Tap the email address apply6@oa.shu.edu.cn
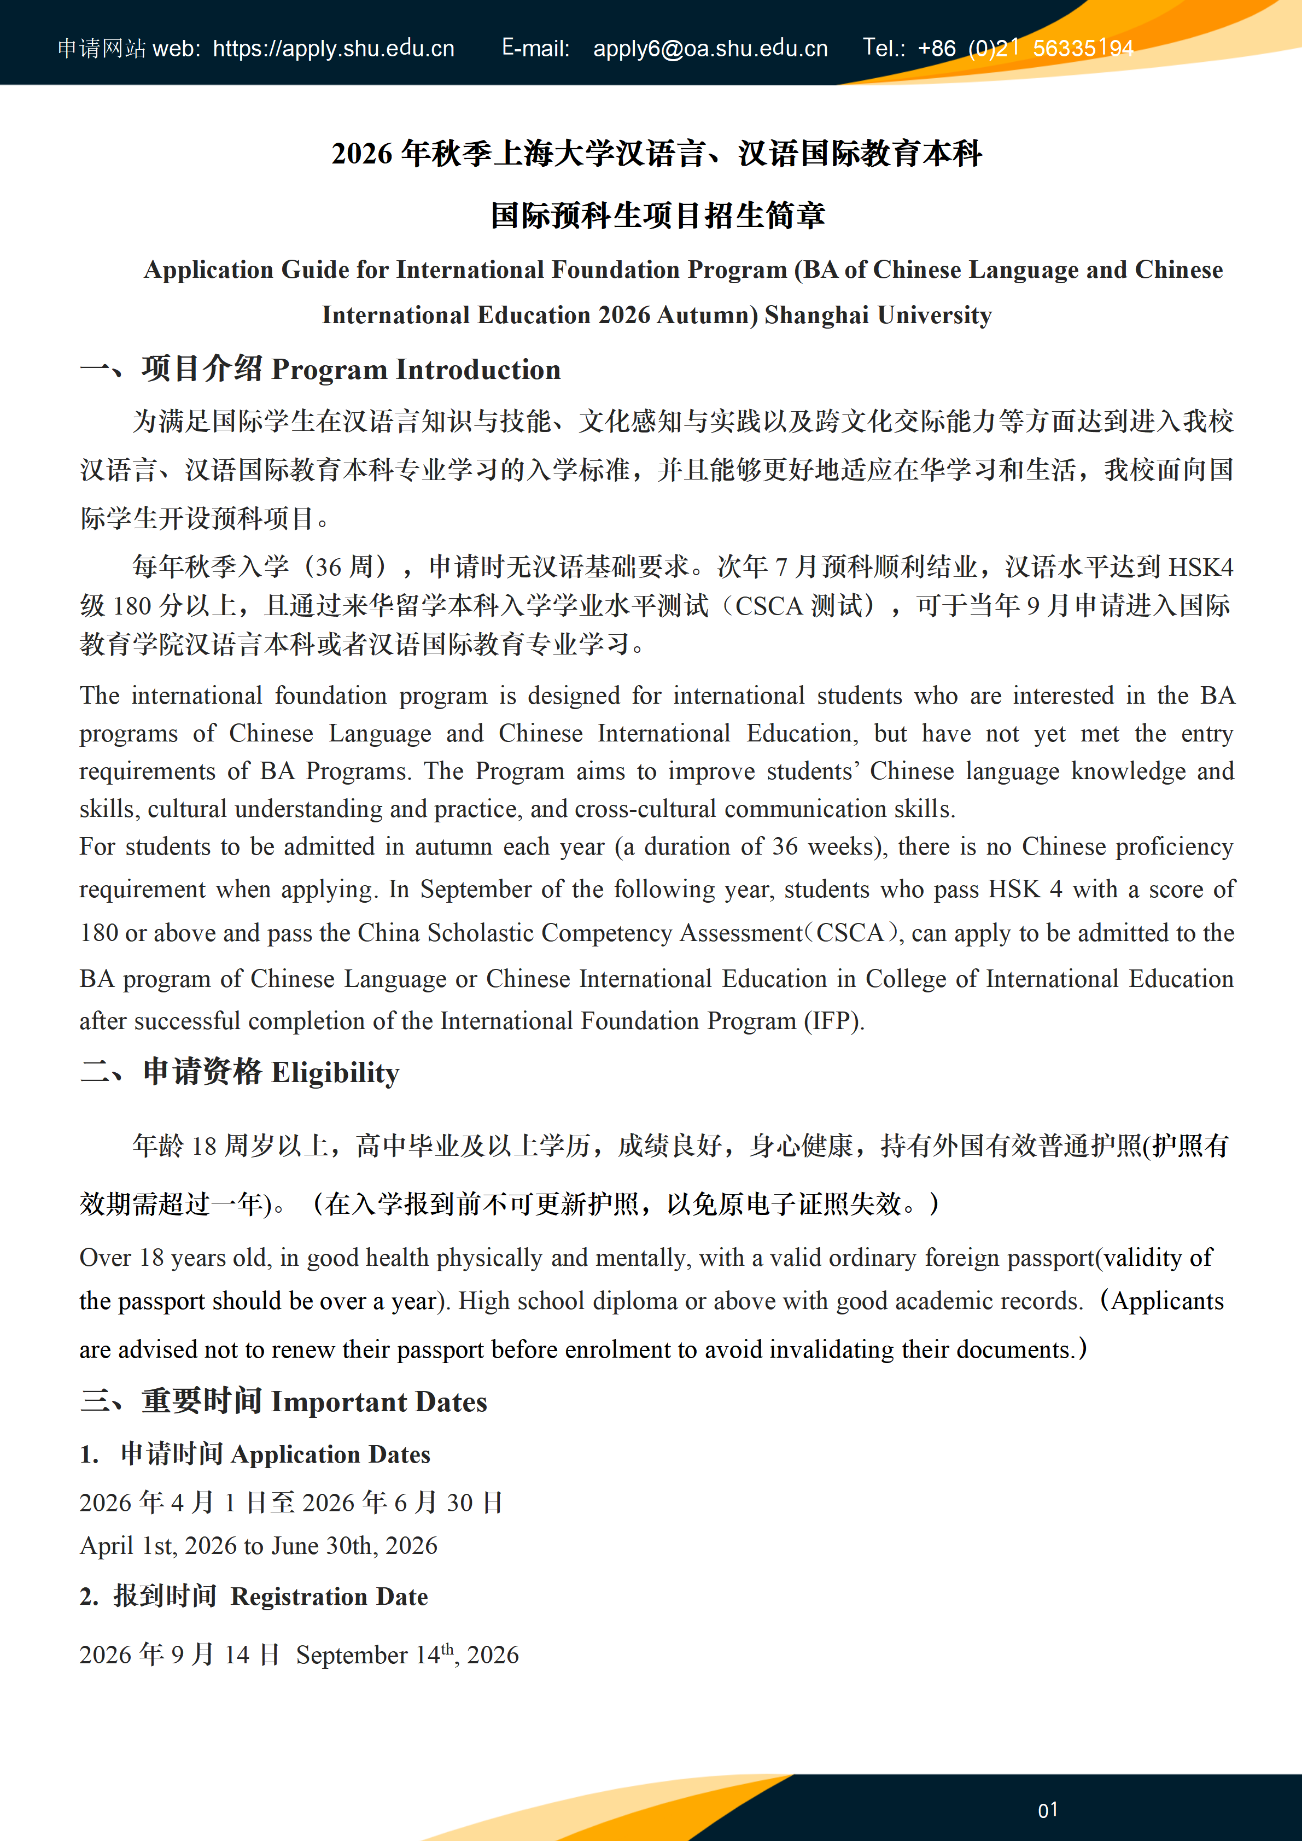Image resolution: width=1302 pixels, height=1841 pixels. (x=710, y=49)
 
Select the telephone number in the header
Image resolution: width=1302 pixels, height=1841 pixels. (x=1025, y=49)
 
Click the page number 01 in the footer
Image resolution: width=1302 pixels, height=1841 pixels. (x=1047, y=1810)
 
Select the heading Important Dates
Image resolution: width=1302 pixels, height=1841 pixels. (x=378, y=1401)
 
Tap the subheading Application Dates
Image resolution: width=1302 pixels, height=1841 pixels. (x=330, y=1454)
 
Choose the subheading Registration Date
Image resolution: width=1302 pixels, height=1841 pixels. (x=329, y=1597)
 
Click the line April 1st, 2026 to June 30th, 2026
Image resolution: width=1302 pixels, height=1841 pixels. (x=258, y=1545)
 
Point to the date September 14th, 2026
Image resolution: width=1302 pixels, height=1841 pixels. (x=407, y=1655)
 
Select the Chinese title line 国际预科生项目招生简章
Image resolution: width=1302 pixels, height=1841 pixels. (x=657, y=215)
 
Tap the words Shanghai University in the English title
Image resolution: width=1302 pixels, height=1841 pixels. (x=878, y=315)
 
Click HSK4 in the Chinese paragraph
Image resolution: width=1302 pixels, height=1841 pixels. (x=1200, y=567)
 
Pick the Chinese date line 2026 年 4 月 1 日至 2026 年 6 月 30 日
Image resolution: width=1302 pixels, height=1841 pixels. (x=291, y=1502)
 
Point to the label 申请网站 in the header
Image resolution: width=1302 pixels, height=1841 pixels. (x=101, y=49)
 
